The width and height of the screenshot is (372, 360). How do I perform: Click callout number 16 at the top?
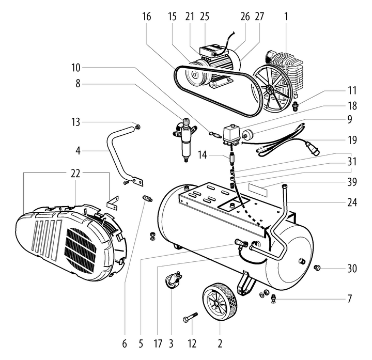point(147,17)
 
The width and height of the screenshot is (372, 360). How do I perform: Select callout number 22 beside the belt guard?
point(75,174)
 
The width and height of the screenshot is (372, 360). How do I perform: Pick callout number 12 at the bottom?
point(192,342)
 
